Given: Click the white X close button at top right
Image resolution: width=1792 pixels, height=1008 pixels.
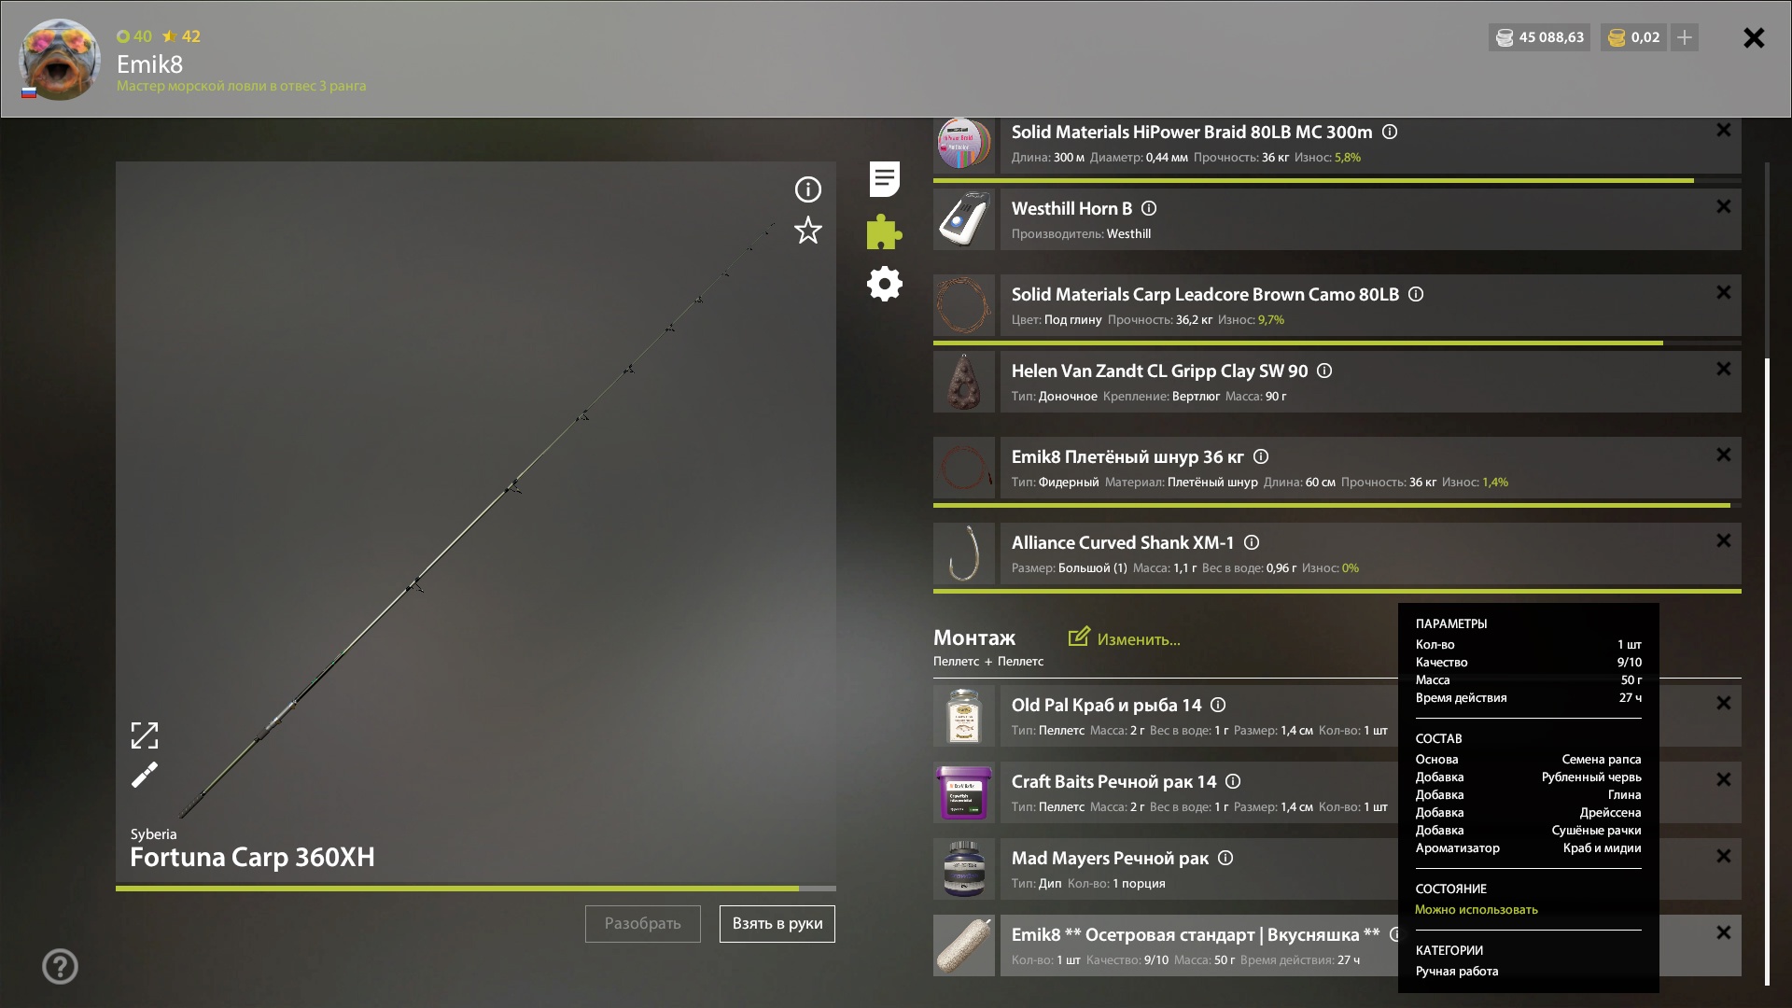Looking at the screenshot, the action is tap(1754, 37).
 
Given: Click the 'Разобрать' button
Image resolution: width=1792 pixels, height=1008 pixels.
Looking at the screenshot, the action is tap(643, 924).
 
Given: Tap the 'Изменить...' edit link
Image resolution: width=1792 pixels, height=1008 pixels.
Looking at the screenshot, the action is tap(1125, 638).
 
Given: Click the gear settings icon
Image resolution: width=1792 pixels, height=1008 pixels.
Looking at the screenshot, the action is tap(885, 284).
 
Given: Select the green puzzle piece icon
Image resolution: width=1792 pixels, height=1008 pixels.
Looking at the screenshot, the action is tap(884, 231).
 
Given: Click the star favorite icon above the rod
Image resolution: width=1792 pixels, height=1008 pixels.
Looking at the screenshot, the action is tap(808, 231).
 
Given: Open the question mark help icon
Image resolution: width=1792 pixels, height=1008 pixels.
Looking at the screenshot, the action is tap(60, 966).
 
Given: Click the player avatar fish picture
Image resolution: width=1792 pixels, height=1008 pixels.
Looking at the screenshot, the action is tap(60, 60).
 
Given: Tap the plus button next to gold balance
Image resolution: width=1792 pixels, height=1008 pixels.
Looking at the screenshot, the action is tap(1685, 37).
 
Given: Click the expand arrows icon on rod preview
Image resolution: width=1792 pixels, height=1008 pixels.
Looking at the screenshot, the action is tap(145, 735).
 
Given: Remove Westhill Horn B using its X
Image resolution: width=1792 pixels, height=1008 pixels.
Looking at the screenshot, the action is tap(1724, 206).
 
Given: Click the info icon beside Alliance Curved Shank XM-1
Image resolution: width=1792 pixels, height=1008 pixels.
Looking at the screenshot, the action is tap(1252, 542).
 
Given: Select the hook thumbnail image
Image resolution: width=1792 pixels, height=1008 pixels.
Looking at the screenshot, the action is tap(964, 553).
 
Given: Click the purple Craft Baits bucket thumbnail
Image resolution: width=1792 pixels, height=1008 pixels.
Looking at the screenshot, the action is tap(964, 792).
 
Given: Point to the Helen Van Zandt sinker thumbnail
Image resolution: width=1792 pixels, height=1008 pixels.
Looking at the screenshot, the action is tap(964, 382).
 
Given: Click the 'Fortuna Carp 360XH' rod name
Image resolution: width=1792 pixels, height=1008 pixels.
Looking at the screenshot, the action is tap(252, 857).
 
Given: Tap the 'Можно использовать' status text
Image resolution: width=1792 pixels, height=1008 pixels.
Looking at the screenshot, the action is tap(1477, 909).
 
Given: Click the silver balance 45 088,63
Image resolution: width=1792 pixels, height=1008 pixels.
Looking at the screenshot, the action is tap(1540, 37).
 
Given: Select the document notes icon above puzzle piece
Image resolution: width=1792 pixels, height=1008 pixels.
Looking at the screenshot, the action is tap(885, 179).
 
